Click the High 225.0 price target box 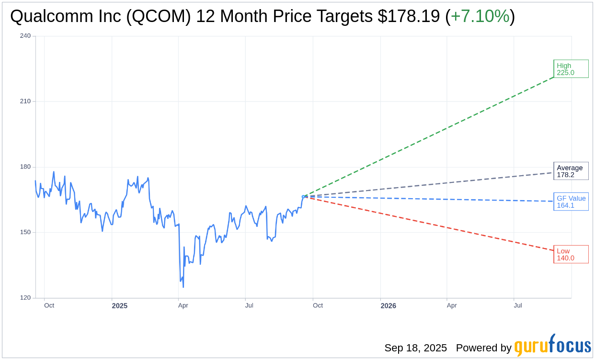[571, 69]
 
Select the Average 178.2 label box [571, 171]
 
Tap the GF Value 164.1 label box [571, 202]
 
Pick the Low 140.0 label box [571, 254]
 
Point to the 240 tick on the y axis [25, 36]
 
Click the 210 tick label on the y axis [25, 101]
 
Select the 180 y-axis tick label [25, 167]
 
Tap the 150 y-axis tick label [25, 233]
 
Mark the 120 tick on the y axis [25, 298]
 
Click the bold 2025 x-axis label [120, 305]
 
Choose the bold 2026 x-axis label [388, 305]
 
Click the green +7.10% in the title [480, 16]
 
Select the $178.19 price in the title [409, 16]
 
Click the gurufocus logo [552, 346]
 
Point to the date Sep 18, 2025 [415, 348]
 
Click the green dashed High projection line [431, 135]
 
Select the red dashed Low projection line [431, 223]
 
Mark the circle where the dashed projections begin [303, 196]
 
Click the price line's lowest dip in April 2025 [183, 287]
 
